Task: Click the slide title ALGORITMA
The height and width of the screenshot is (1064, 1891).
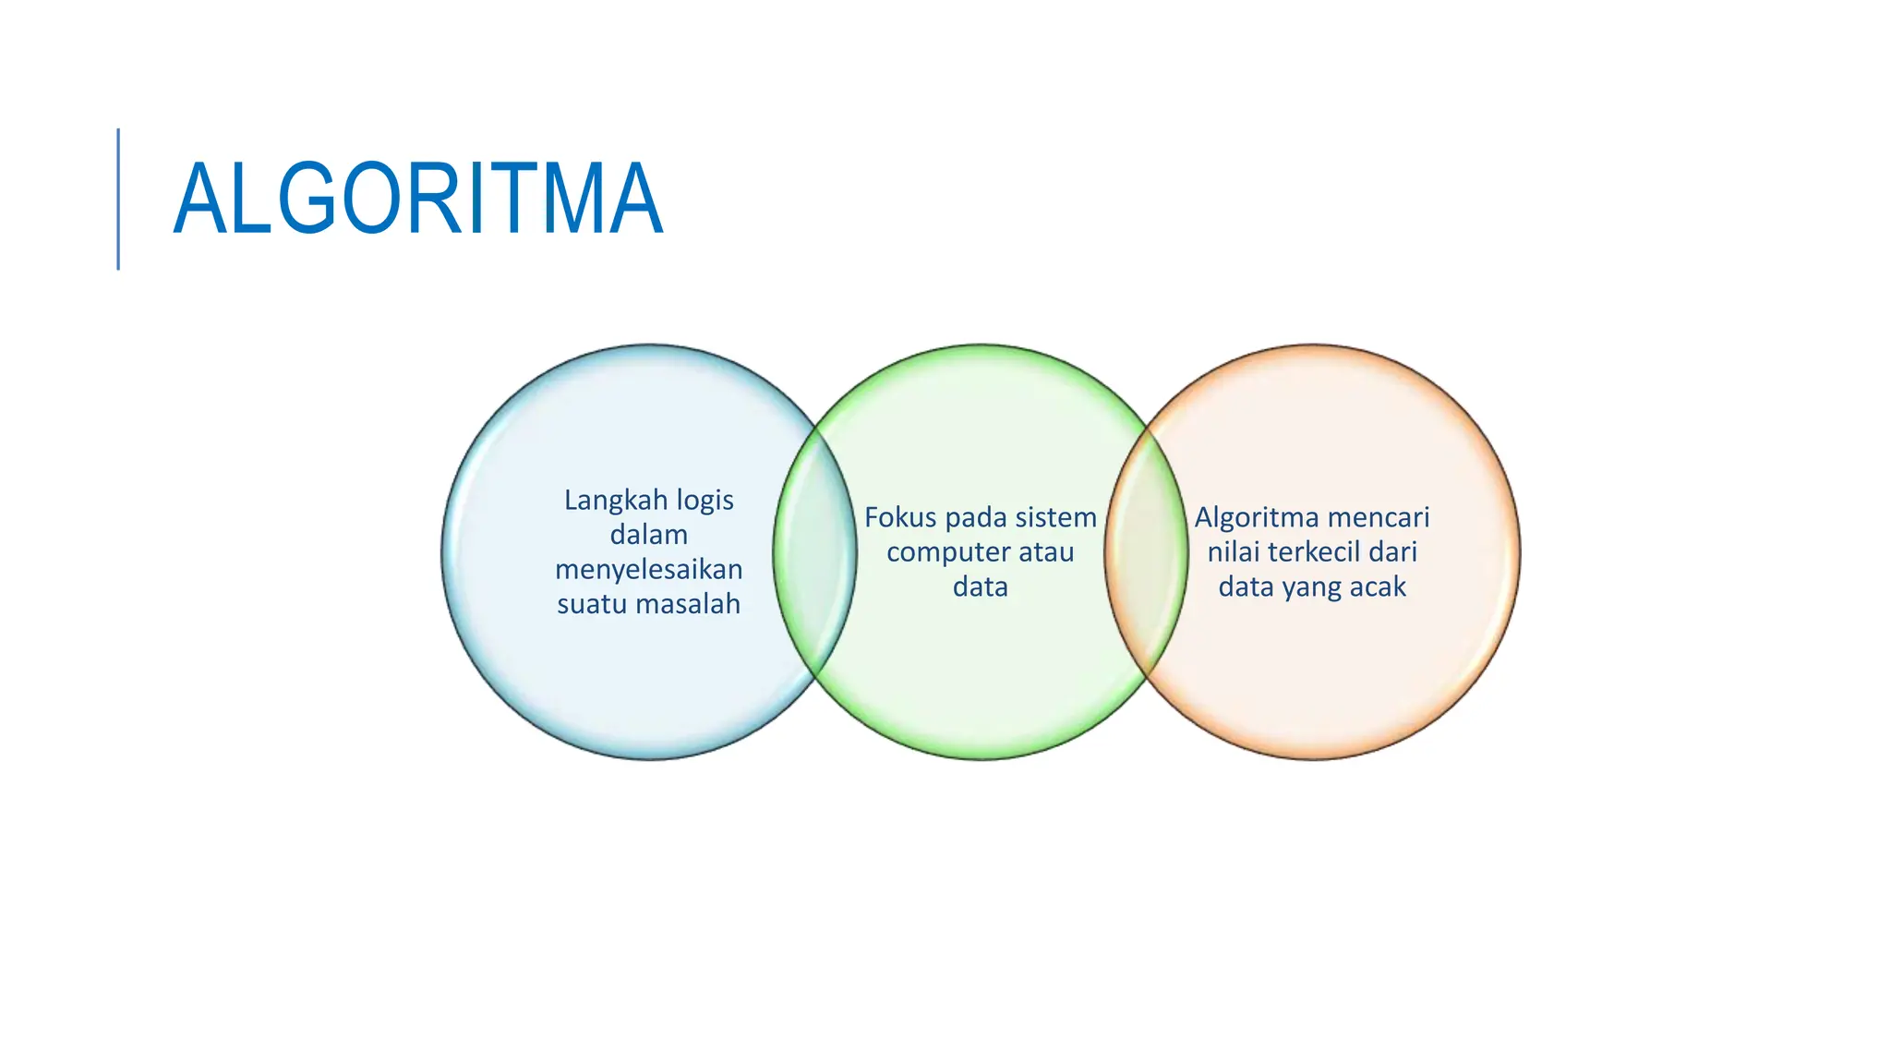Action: tap(417, 199)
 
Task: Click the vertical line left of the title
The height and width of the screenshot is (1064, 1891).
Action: tap(118, 199)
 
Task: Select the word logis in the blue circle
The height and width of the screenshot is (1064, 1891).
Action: tap(705, 501)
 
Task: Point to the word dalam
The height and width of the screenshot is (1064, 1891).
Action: tap(649, 535)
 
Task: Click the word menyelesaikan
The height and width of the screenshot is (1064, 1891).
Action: tap(649, 569)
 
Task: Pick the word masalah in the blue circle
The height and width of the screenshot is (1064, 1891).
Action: tap(698, 604)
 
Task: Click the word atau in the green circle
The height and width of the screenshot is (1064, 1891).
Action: tap(1046, 552)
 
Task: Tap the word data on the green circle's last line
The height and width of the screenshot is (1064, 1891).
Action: tap(981, 587)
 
